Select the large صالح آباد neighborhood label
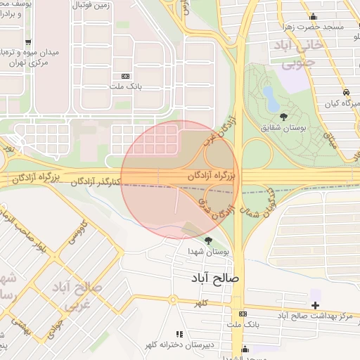coord(214,278)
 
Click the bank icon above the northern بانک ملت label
coord(126,76)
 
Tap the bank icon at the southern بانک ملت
coord(243,314)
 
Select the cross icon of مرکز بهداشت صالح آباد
coord(315,304)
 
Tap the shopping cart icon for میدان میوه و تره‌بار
coord(28,42)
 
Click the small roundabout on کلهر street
coord(172,300)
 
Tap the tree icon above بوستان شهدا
coord(208,240)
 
